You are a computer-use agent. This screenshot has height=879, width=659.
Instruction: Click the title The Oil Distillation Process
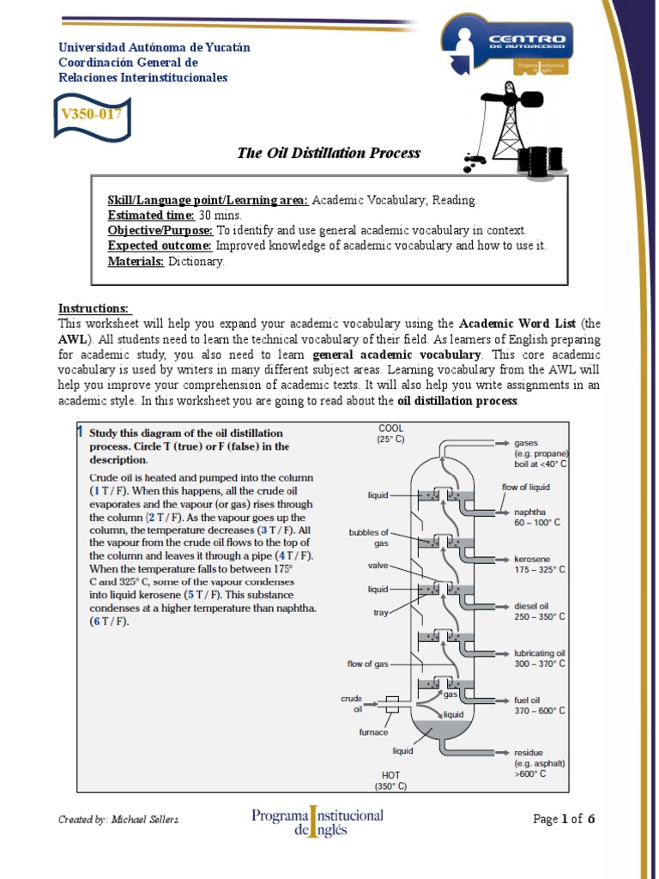pos(329,153)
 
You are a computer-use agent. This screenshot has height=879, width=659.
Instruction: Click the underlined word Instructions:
pos(94,308)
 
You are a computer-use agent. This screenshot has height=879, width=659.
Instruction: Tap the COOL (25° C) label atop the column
pos(390,433)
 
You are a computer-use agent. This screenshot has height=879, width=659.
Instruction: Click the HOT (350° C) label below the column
pos(390,780)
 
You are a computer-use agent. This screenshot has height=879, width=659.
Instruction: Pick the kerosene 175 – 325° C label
pos(539,564)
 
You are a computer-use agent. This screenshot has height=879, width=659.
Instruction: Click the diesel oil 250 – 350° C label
pos(539,610)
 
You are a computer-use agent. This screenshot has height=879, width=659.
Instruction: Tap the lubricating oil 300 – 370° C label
pos(539,658)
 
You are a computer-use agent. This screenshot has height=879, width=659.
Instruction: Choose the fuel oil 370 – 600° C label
pos(539,705)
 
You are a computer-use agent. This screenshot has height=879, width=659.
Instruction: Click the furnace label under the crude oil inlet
pos(373,732)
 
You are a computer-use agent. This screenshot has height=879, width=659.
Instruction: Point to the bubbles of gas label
pos(368,537)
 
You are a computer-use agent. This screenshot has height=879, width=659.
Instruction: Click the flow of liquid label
pos(526,487)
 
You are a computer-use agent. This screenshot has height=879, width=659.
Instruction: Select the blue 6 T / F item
pos(109,621)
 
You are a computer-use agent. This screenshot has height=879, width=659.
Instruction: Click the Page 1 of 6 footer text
pos(564,819)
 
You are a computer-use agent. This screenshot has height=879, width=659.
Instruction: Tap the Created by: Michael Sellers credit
pos(118,820)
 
